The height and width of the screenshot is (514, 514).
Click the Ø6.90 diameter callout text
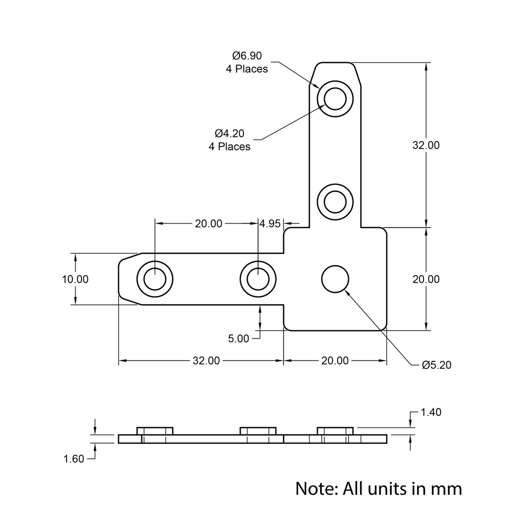point(247,56)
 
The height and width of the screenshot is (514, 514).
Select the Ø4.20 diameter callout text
point(230,134)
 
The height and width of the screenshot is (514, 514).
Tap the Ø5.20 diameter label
point(436,365)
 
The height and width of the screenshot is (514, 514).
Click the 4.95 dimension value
point(270,224)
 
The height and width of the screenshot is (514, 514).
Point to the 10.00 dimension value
point(75,279)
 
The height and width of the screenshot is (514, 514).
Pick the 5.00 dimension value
point(238,339)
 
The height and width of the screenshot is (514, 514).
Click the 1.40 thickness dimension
point(431,412)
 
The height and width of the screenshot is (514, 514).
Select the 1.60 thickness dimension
point(74,459)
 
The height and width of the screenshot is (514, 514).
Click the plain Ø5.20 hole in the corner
point(335,279)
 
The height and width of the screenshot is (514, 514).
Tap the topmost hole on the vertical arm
point(335,98)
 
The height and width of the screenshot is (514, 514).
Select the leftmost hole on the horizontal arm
point(154,279)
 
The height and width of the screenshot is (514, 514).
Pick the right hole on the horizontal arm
point(258,279)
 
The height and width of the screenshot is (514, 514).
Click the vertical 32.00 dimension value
point(426,145)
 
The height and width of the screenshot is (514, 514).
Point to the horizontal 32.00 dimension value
point(206,361)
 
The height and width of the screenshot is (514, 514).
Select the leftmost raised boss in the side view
point(155,431)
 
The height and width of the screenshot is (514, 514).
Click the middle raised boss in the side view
point(258,431)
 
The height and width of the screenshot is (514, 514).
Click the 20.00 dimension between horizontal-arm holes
point(208,224)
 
